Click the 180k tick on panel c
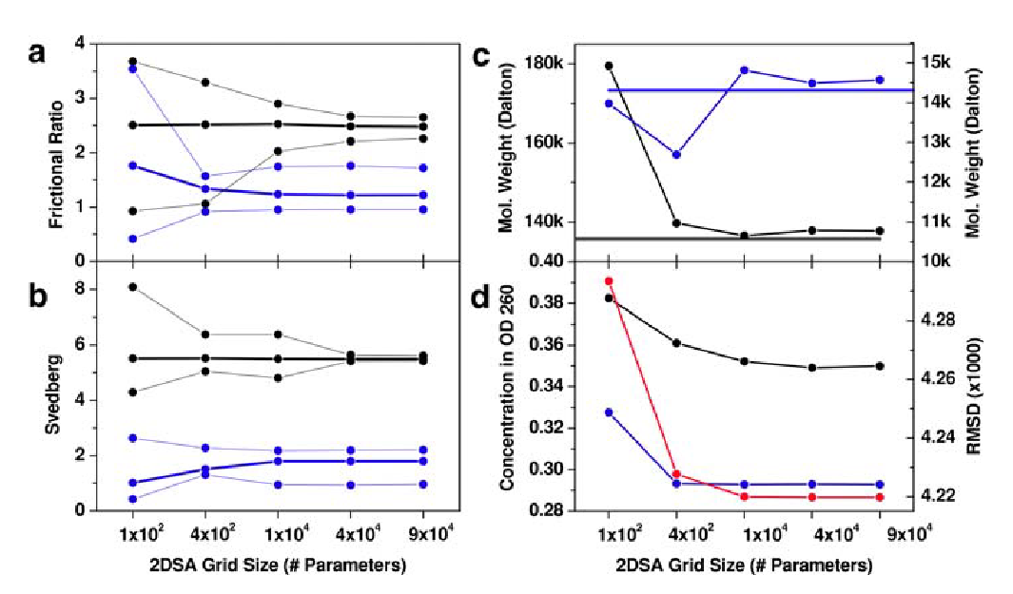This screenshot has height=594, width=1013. (546, 64)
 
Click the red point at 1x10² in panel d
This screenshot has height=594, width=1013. (609, 281)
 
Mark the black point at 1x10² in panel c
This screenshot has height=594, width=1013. (609, 66)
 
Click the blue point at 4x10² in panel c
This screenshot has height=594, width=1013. (676, 154)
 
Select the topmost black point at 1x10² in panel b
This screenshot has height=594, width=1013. (133, 287)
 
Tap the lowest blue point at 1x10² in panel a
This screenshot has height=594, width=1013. (133, 239)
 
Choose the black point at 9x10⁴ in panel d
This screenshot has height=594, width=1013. (879, 366)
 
